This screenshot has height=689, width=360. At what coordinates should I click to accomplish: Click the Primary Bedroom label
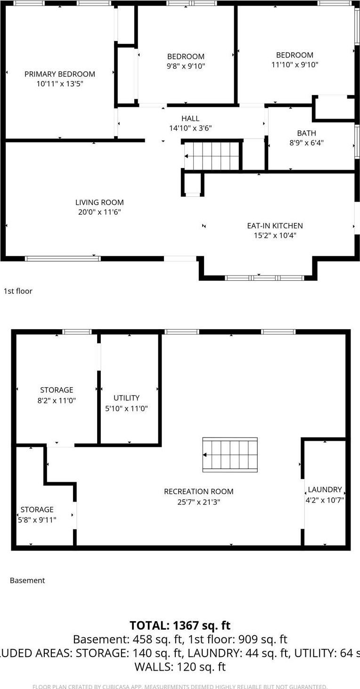point(60,74)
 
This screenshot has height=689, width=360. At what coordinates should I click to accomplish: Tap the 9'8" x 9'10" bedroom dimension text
point(186,66)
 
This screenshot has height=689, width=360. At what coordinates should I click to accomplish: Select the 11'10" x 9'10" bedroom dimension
point(295,65)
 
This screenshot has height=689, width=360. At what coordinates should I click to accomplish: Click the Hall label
point(190,119)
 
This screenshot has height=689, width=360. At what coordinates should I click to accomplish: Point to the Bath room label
point(306,133)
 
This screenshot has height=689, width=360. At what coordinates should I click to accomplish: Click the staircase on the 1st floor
point(212,156)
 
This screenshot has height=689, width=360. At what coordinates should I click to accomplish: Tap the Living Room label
point(99,203)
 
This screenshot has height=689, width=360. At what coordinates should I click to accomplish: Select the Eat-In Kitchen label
point(275,226)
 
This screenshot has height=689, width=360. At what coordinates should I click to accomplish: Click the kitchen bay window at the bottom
point(264,278)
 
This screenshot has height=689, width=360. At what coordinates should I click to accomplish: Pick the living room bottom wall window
point(63,258)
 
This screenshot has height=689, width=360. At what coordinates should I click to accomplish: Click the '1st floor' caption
point(18,291)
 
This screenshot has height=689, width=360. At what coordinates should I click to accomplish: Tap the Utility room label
point(126,398)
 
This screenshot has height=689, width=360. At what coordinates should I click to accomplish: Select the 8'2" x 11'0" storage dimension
point(57,400)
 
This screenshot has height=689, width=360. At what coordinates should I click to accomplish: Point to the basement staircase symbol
point(230,455)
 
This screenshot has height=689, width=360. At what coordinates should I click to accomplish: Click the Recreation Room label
point(198,491)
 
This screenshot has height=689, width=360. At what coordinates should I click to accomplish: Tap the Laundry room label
point(325,490)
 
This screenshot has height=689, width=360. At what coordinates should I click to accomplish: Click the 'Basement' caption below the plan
point(27,580)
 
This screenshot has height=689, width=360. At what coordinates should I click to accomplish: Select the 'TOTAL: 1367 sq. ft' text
point(180,625)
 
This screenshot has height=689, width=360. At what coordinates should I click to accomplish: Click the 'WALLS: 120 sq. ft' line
point(180,666)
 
